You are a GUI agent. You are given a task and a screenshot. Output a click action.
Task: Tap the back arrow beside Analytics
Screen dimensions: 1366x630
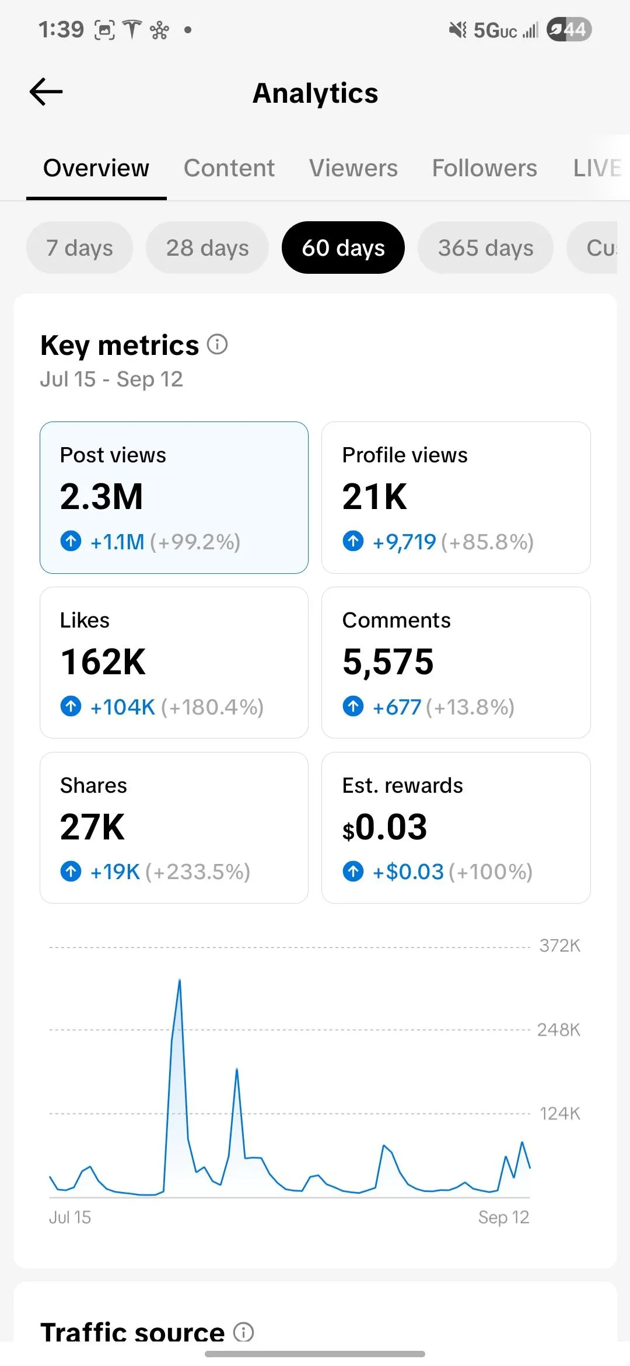pos(46,92)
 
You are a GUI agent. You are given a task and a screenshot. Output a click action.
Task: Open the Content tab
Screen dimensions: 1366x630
pos(229,168)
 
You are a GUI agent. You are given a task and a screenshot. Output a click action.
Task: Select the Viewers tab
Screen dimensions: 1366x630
pos(353,168)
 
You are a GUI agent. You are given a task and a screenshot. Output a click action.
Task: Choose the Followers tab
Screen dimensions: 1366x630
pos(484,168)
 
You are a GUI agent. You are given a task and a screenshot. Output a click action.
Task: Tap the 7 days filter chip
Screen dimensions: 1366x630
pos(79,248)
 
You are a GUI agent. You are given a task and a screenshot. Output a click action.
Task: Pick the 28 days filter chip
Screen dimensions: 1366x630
pos(207,248)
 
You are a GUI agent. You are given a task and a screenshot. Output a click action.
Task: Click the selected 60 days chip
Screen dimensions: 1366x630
pos(343,248)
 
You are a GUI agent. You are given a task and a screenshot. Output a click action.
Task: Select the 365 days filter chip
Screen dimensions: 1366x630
pos(485,248)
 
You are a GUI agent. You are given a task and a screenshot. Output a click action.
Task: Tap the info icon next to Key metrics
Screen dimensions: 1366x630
pos(218,344)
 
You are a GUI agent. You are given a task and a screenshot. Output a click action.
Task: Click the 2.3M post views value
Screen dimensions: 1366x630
pos(101,497)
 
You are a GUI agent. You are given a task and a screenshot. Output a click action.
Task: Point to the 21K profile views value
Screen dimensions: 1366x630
pos(374,497)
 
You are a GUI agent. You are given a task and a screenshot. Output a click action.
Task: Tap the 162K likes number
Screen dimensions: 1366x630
pos(103,662)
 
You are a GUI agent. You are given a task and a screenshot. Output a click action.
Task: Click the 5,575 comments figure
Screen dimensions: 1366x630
pos(388,662)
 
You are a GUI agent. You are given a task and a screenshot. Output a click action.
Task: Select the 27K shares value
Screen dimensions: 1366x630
pos(92,827)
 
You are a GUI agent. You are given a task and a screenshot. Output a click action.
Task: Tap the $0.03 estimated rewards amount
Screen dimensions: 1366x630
pos(385,827)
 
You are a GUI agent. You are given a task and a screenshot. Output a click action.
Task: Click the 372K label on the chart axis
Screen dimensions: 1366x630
pos(559,946)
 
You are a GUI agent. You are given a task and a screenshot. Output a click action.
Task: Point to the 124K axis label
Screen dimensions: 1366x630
pos(559,1114)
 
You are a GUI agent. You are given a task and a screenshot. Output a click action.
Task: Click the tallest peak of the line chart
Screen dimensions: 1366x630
pos(180,981)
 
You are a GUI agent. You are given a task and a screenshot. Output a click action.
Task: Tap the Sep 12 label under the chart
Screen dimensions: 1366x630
pos(503,1217)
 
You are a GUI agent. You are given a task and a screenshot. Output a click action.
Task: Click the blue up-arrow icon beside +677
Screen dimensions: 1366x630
pos(353,706)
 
